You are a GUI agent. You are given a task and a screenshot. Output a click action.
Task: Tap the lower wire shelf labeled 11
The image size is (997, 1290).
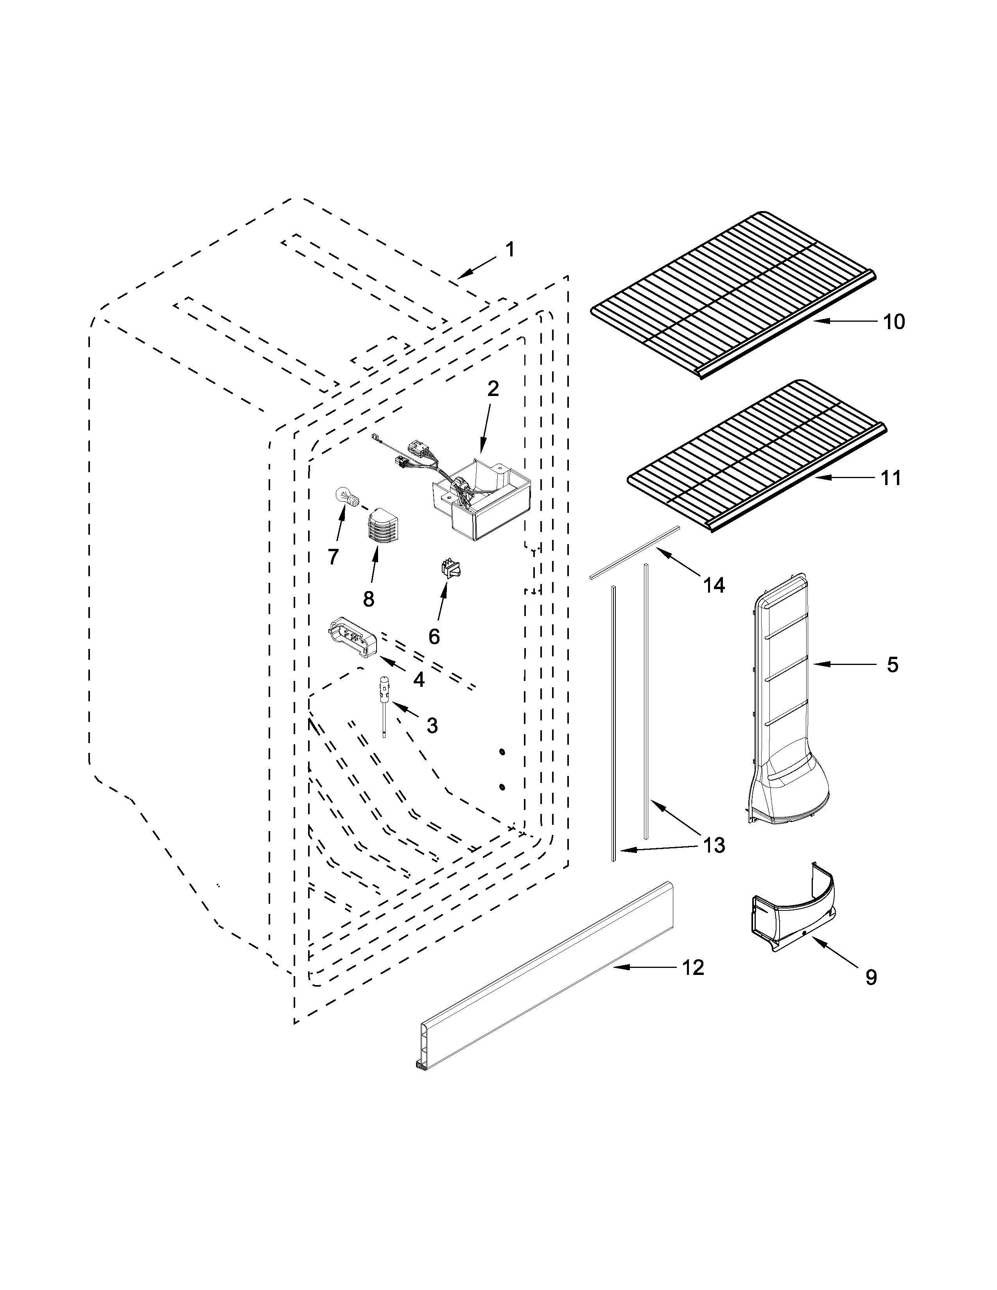coord(756,455)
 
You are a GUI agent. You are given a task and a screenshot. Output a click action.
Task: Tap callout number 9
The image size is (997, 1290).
coord(871,978)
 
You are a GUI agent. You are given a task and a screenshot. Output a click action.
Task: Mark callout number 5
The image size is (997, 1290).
coord(892,665)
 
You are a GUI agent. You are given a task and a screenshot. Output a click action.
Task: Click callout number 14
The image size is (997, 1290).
coord(714,585)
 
